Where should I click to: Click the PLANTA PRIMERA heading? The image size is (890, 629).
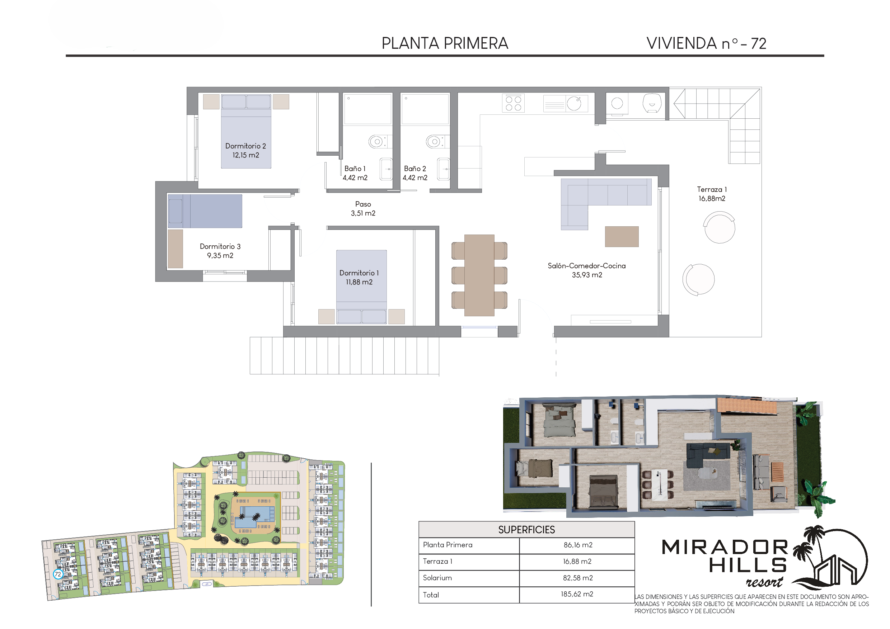pos(445,43)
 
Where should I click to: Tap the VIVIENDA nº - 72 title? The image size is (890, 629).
pos(706,43)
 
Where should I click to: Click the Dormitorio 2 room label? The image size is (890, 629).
pos(245,146)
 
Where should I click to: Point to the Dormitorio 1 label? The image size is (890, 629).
pos(359,273)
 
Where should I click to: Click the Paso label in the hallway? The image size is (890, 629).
pos(363,204)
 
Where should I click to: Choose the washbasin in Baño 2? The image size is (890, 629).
pos(444,169)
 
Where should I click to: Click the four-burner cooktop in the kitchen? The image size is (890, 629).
pos(513,103)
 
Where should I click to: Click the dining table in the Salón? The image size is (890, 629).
pos(479,275)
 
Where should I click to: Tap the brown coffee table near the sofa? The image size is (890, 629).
pos(622,237)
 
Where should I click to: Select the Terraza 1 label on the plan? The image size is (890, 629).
pos(712,189)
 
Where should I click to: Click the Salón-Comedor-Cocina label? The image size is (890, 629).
pos(586,266)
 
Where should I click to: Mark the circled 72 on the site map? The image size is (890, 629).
pos(58,574)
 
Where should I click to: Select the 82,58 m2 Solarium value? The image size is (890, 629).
pos(577,578)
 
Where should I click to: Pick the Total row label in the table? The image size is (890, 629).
pos(431,595)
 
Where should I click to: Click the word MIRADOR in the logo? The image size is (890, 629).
pos(725,547)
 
